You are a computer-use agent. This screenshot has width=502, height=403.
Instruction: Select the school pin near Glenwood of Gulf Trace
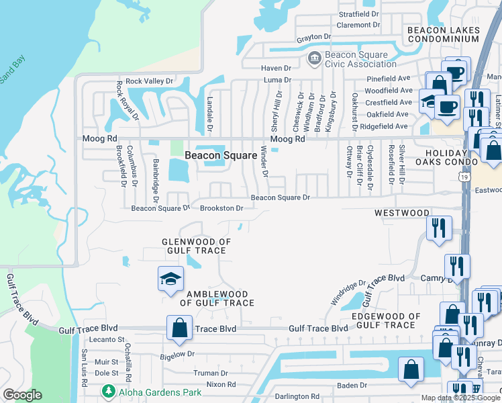click(x=170, y=279)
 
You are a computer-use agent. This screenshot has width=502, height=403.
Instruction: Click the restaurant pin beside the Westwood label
click(x=438, y=227)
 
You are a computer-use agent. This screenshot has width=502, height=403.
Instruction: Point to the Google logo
click(x=22, y=394)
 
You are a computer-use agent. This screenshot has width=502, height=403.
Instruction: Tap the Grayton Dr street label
click(x=314, y=37)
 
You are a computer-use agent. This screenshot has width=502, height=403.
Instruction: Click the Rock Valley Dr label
click(x=149, y=81)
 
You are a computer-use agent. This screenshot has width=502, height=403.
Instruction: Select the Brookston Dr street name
click(x=221, y=208)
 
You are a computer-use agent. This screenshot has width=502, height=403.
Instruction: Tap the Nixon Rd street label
click(x=221, y=385)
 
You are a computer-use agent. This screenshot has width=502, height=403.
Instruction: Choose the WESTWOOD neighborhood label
click(x=402, y=213)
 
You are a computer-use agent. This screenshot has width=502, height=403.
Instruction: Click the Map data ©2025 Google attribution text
click(x=460, y=397)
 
